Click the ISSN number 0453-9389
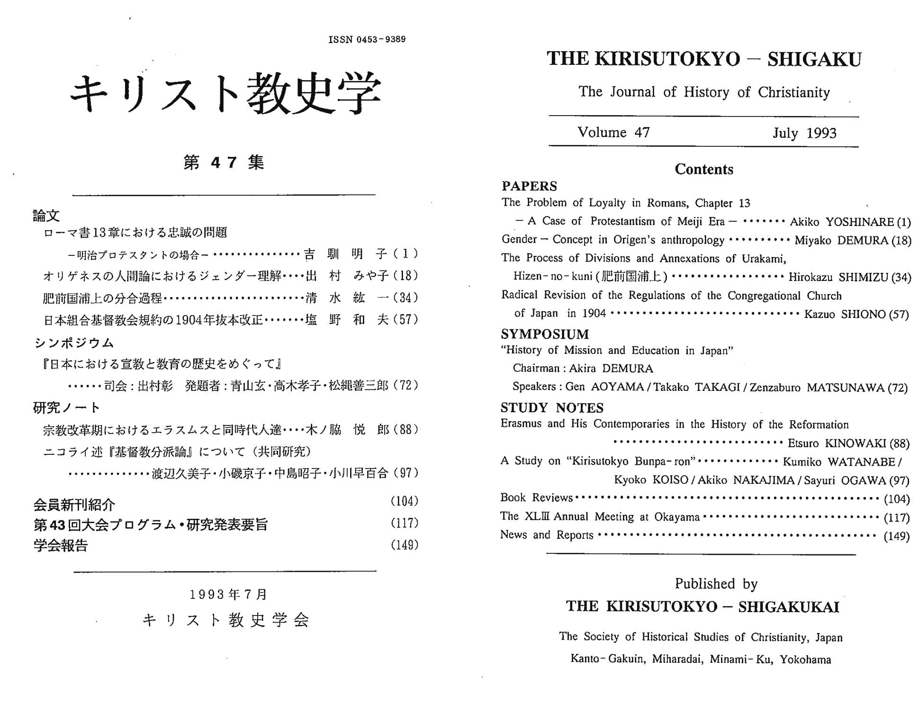coord(367,39)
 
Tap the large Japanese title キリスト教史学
coord(225,93)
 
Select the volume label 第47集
coord(224,163)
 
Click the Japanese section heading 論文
coord(46,216)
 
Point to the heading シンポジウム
coord(74,343)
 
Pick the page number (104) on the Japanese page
coord(404,501)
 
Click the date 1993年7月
coord(228,594)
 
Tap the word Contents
coord(703,169)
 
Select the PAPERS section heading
coord(529,186)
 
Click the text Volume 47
coord(613,132)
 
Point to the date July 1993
coord(804,133)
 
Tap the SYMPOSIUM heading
coord(545,334)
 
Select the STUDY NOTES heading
coord(552,408)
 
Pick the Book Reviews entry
coord(536,497)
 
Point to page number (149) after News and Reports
coord(896,536)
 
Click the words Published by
coord(716,584)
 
